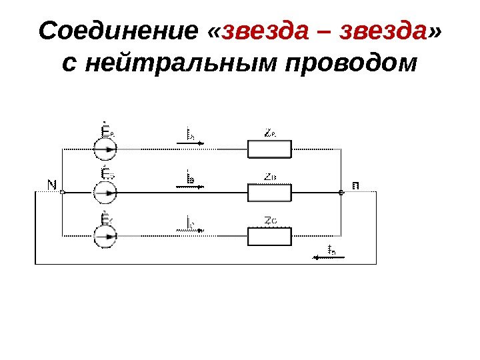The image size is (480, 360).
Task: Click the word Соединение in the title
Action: click(x=119, y=31)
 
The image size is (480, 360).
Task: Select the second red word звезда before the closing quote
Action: click(x=383, y=31)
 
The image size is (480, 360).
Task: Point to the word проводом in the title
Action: click(x=351, y=65)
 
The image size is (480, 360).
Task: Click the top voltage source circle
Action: click(x=105, y=150)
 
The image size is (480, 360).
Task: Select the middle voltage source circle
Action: click(x=105, y=193)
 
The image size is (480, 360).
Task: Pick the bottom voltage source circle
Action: click(x=105, y=235)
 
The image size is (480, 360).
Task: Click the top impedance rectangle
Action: click(x=270, y=149)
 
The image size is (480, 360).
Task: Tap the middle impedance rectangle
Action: click(x=270, y=193)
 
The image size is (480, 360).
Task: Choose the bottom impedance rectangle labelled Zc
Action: click(x=270, y=236)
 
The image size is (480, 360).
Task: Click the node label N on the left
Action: click(x=52, y=183)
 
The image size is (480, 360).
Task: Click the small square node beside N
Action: click(x=62, y=193)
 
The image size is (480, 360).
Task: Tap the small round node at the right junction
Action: click(x=341, y=193)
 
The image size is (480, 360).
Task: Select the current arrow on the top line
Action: click(x=190, y=142)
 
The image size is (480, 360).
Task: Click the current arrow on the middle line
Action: click(x=190, y=186)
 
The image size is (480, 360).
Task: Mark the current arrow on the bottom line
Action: click(x=190, y=230)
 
